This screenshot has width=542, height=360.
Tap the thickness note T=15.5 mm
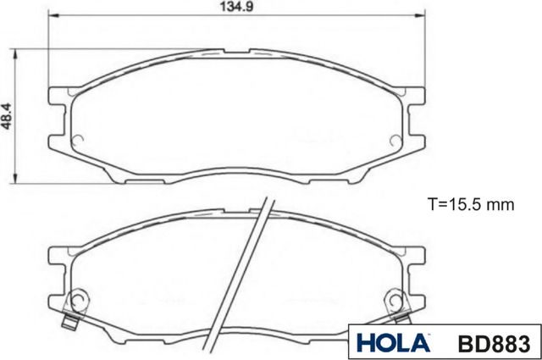(x=471, y=204)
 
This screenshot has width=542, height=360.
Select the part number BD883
(x=494, y=344)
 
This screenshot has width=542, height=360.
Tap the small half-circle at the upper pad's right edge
(x=397, y=139)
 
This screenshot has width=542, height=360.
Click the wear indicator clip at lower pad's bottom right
(x=401, y=320)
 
